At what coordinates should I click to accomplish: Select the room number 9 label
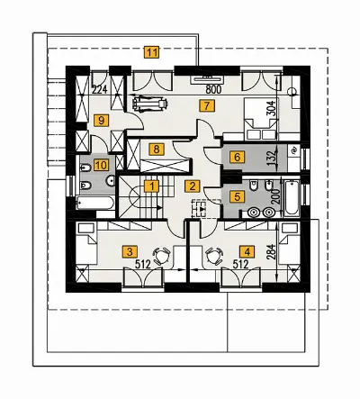pyautogui.click(x=101, y=121)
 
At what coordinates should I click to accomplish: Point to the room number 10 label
pyautogui.click(x=101, y=165)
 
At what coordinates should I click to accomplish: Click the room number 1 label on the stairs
pyautogui.click(x=152, y=186)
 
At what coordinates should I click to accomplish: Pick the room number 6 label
pyautogui.click(x=238, y=157)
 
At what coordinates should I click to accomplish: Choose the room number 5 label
pyautogui.click(x=238, y=196)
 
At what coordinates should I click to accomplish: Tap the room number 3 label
pyautogui.click(x=130, y=251)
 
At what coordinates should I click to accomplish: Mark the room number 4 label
pyautogui.click(x=247, y=251)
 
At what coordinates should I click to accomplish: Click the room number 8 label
pyautogui.click(x=157, y=149)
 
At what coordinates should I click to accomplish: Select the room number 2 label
pyautogui.click(x=192, y=186)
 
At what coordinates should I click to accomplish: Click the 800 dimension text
pyautogui.click(x=212, y=89)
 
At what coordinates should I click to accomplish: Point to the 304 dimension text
pyautogui.click(x=271, y=108)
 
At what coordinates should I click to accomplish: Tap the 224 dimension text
pyautogui.click(x=100, y=89)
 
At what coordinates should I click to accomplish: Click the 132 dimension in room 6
pyautogui.click(x=271, y=156)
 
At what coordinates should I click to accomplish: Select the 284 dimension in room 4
pyautogui.click(x=271, y=251)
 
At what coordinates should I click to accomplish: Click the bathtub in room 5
pyautogui.click(x=292, y=197)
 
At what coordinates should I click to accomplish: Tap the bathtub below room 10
pyautogui.click(x=95, y=204)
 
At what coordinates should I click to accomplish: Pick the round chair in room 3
pyautogui.click(x=162, y=256)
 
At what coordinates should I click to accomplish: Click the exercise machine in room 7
pyautogui.click(x=149, y=103)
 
